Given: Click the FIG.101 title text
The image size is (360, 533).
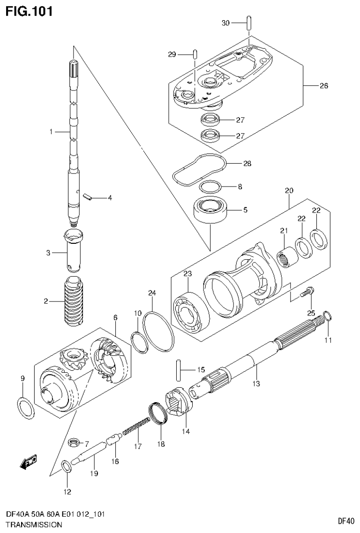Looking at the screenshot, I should (x=29, y=10).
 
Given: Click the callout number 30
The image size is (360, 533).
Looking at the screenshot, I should (x=226, y=23).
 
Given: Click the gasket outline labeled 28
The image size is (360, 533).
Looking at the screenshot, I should (x=200, y=168).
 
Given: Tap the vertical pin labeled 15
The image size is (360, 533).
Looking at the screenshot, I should (x=179, y=369).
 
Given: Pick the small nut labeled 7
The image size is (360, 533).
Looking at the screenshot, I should (x=73, y=442).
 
